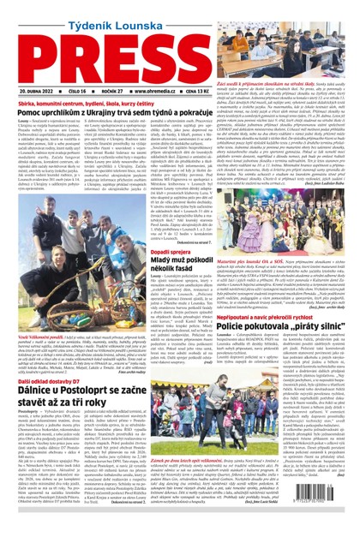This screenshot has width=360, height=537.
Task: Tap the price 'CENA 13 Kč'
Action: (x=222, y=89)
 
